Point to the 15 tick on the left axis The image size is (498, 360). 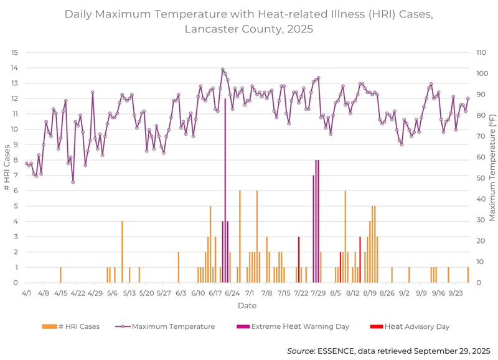14,52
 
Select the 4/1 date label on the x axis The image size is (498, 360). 26,291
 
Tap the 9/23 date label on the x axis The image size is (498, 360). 456,291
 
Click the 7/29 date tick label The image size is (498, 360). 318,291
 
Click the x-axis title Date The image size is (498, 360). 247,306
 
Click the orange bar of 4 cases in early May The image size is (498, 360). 122,252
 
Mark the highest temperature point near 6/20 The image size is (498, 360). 223,70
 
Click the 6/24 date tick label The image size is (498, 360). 232,291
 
